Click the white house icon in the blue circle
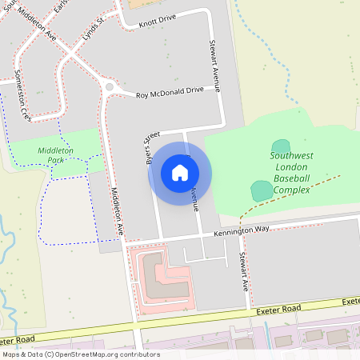(180, 173)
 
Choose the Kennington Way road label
(242, 231)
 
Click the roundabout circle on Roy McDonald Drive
(109, 87)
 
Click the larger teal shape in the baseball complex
(262, 190)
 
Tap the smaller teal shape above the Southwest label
(281, 145)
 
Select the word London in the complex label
(291, 167)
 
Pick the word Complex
(292, 190)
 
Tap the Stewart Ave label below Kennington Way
(243, 273)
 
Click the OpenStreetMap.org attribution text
(94, 354)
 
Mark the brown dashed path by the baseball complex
(288, 194)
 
